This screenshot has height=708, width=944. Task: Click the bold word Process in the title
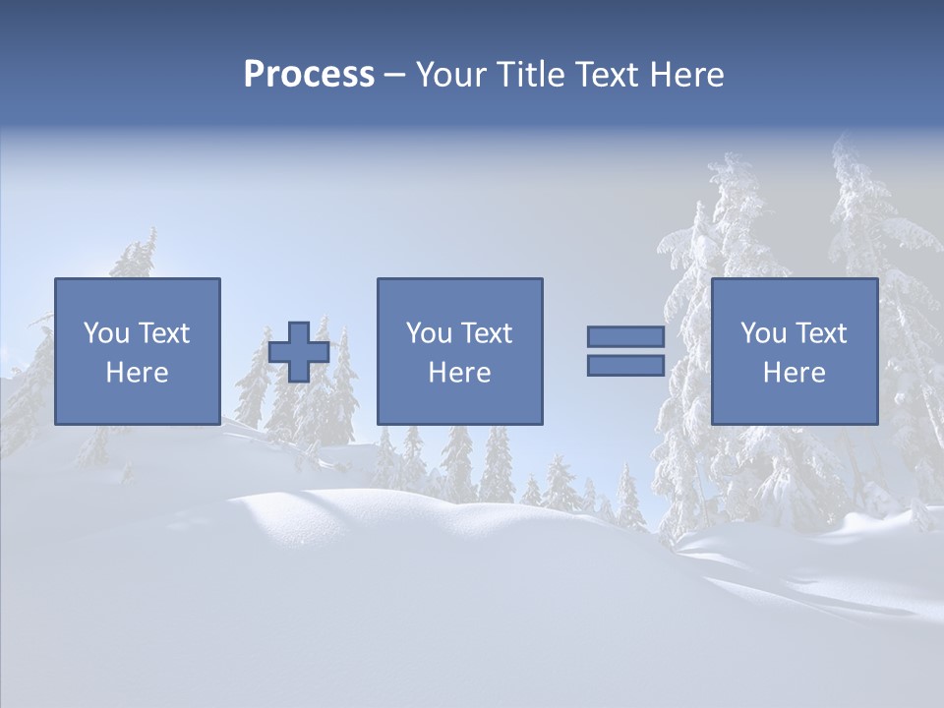[309, 75]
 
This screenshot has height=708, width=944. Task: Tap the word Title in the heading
[528, 75]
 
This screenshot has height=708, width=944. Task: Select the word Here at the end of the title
[685, 75]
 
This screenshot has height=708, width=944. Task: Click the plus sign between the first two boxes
[299, 351]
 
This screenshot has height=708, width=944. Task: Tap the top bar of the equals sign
[625, 336]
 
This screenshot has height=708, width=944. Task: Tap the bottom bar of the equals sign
[625, 366]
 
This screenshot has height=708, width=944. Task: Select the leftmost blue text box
[137, 351]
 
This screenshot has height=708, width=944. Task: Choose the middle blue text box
[459, 351]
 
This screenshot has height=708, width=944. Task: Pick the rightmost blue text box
[794, 351]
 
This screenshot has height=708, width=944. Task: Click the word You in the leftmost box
[105, 333]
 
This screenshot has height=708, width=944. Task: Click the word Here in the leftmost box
[137, 373]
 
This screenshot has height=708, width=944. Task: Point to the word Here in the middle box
[459, 373]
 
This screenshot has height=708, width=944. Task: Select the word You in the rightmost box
[763, 333]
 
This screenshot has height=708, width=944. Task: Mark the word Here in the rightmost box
[794, 373]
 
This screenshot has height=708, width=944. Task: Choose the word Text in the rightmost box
[821, 333]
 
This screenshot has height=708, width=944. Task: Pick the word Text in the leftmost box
[164, 333]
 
